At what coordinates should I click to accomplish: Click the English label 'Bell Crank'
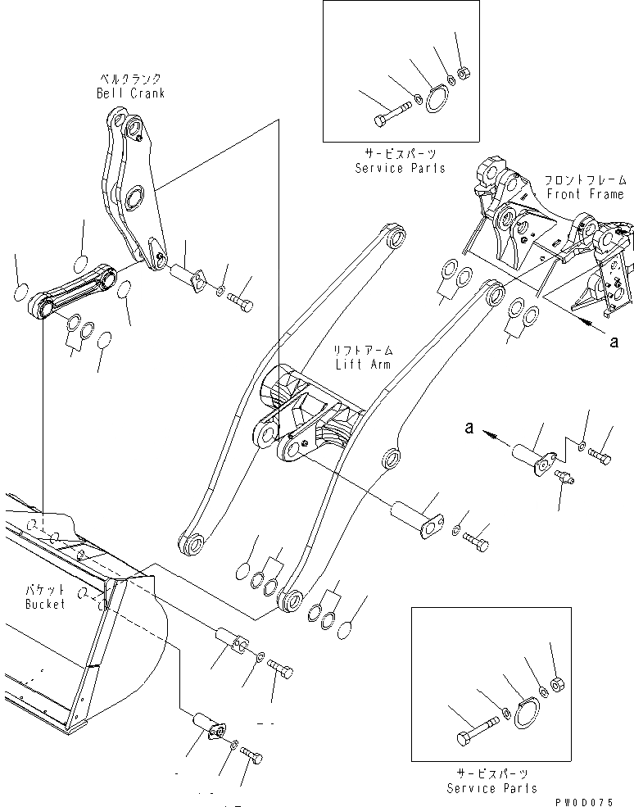[x=129, y=93]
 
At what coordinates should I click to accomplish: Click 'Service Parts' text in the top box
[x=400, y=168]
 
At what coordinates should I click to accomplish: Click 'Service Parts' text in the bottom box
[x=491, y=788]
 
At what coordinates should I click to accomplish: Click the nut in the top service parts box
[x=463, y=75]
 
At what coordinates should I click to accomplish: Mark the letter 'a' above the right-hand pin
[x=469, y=426]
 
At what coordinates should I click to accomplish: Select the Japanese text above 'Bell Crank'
[x=125, y=79]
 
